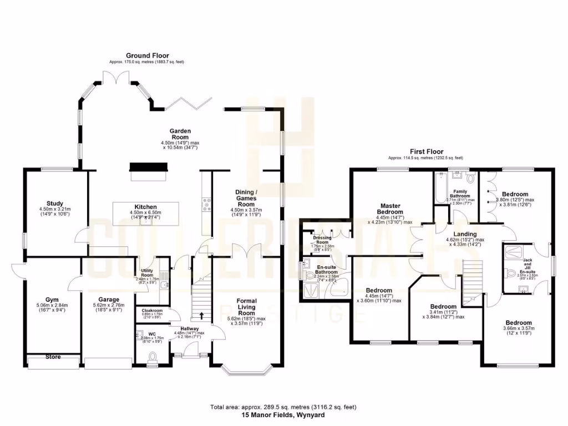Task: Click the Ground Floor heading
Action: (x=147, y=55)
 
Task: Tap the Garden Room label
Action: (x=180, y=134)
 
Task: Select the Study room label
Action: (x=55, y=204)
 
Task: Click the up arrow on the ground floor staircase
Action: (x=201, y=317)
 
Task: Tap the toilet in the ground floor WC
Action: (x=153, y=356)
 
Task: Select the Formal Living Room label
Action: (x=243, y=307)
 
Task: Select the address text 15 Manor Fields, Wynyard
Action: (x=283, y=414)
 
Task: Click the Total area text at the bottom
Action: (x=283, y=407)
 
